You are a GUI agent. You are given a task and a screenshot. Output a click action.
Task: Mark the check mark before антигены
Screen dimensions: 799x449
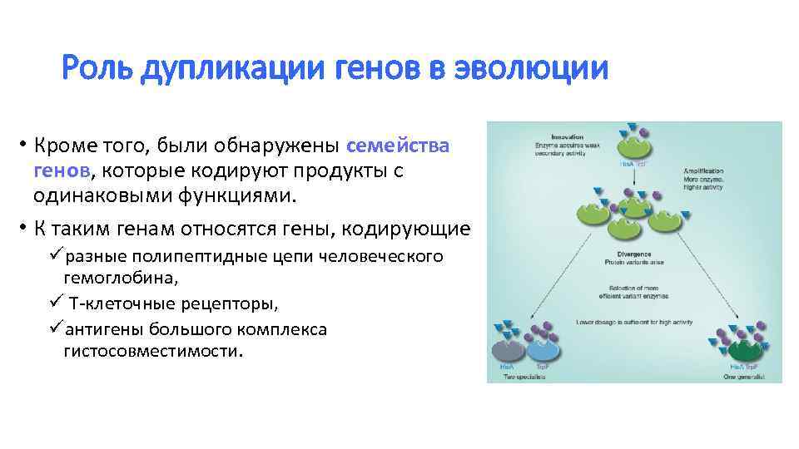point(57,328)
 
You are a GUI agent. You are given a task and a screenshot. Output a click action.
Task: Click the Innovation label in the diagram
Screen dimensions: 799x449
point(566,136)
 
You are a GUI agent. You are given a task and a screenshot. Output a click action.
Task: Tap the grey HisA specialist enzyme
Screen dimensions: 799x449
point(509,348)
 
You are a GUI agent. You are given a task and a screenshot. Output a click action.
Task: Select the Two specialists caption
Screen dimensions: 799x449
point(523,377)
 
